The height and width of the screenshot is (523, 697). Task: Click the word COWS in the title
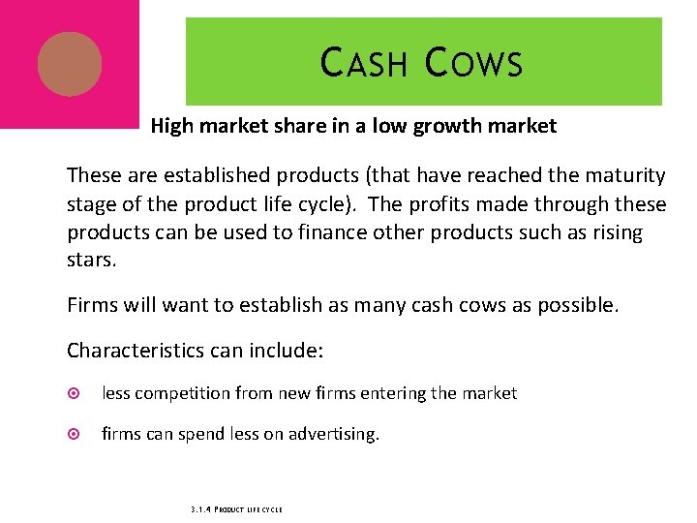(473, 63)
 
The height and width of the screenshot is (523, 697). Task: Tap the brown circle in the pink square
(69, 64)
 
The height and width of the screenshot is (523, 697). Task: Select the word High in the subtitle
(172, 126)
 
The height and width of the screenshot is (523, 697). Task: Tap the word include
(285, 349)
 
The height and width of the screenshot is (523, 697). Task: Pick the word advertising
(334, 435)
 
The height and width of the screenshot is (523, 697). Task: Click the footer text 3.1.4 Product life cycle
(233, 508)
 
